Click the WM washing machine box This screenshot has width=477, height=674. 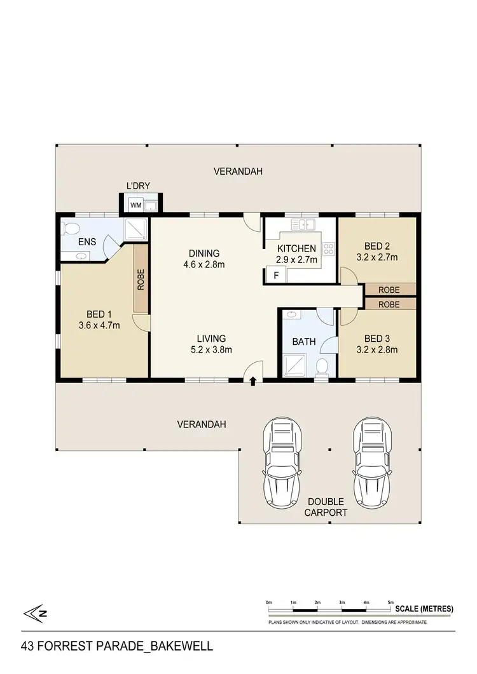pos(135,205)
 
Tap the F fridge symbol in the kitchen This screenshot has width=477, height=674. pos(276,276)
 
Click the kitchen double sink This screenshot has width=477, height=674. pos(304,224)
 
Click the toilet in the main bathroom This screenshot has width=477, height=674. pos(322,367)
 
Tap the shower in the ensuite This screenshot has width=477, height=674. pos(135,229)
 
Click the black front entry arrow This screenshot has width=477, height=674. pos(254,381)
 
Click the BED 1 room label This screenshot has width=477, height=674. pos(98,313)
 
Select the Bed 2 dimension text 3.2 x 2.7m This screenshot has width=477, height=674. pos(377,257)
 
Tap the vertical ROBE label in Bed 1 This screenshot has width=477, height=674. pos(141,280)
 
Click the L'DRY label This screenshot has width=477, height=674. pos(137,186)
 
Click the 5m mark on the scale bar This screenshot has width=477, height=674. pos(391,602)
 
